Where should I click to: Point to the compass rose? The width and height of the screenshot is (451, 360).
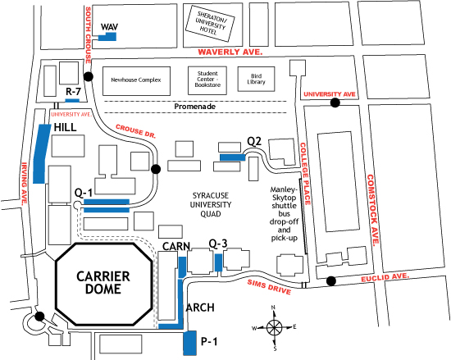[275, 326]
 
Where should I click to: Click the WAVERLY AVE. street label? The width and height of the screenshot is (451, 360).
[230, 52]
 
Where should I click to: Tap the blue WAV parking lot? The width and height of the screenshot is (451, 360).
[108, 37]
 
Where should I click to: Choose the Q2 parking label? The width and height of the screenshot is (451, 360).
[254, 141]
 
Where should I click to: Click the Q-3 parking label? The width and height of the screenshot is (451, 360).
[218, 244]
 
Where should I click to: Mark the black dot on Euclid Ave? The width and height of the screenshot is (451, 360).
[330, 281]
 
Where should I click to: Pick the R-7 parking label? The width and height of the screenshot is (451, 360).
[73, 91]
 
